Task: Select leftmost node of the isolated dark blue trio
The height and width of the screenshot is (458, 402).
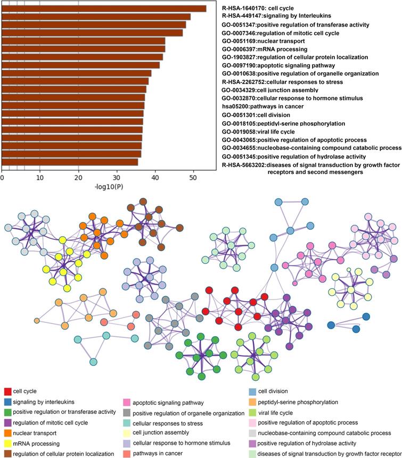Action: pos(331,325)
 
